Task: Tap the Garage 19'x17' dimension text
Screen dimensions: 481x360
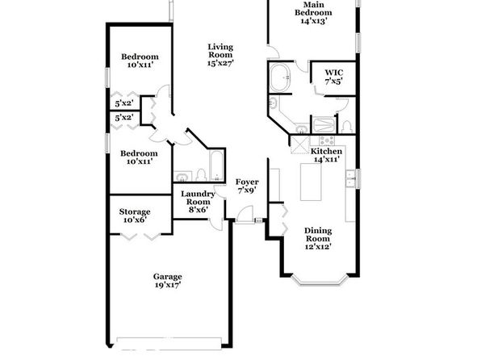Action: pyautogui.click(x=168, y=285)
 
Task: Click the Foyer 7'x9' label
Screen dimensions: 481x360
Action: pyautogui.click(x=247, y=186)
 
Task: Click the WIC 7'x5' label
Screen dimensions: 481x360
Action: pyautogui.click(x=334, y=77)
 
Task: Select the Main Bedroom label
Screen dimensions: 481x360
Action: pyautogui.click(x=313, y=13)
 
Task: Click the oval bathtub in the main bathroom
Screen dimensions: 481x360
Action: pyautogui.click(x=280, y=77)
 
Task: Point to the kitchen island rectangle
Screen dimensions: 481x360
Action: pyautogui.click(x=311, y=182)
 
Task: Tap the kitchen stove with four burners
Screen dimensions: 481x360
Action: pyautogui.click(x=327, y=141)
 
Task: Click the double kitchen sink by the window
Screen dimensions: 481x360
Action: pyautogui.click(x=350, y=178)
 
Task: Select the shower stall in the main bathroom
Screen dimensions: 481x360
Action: pyautogui.click(x=324, y=125)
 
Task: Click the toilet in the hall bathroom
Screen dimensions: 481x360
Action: pyautogui.click(x=201, y=175)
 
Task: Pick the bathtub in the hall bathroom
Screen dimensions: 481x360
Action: pyautogui.click(x=216, y=166)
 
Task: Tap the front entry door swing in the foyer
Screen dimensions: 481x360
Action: pyautogui.click(x=245, y=215)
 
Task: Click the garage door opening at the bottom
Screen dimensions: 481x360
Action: pyautogui.click(x=169, y=343)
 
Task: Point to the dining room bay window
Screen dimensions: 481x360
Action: pyautogui.click(x=320, y=280)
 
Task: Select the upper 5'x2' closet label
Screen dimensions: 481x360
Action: pyautogui.click(x=124, y=103)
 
